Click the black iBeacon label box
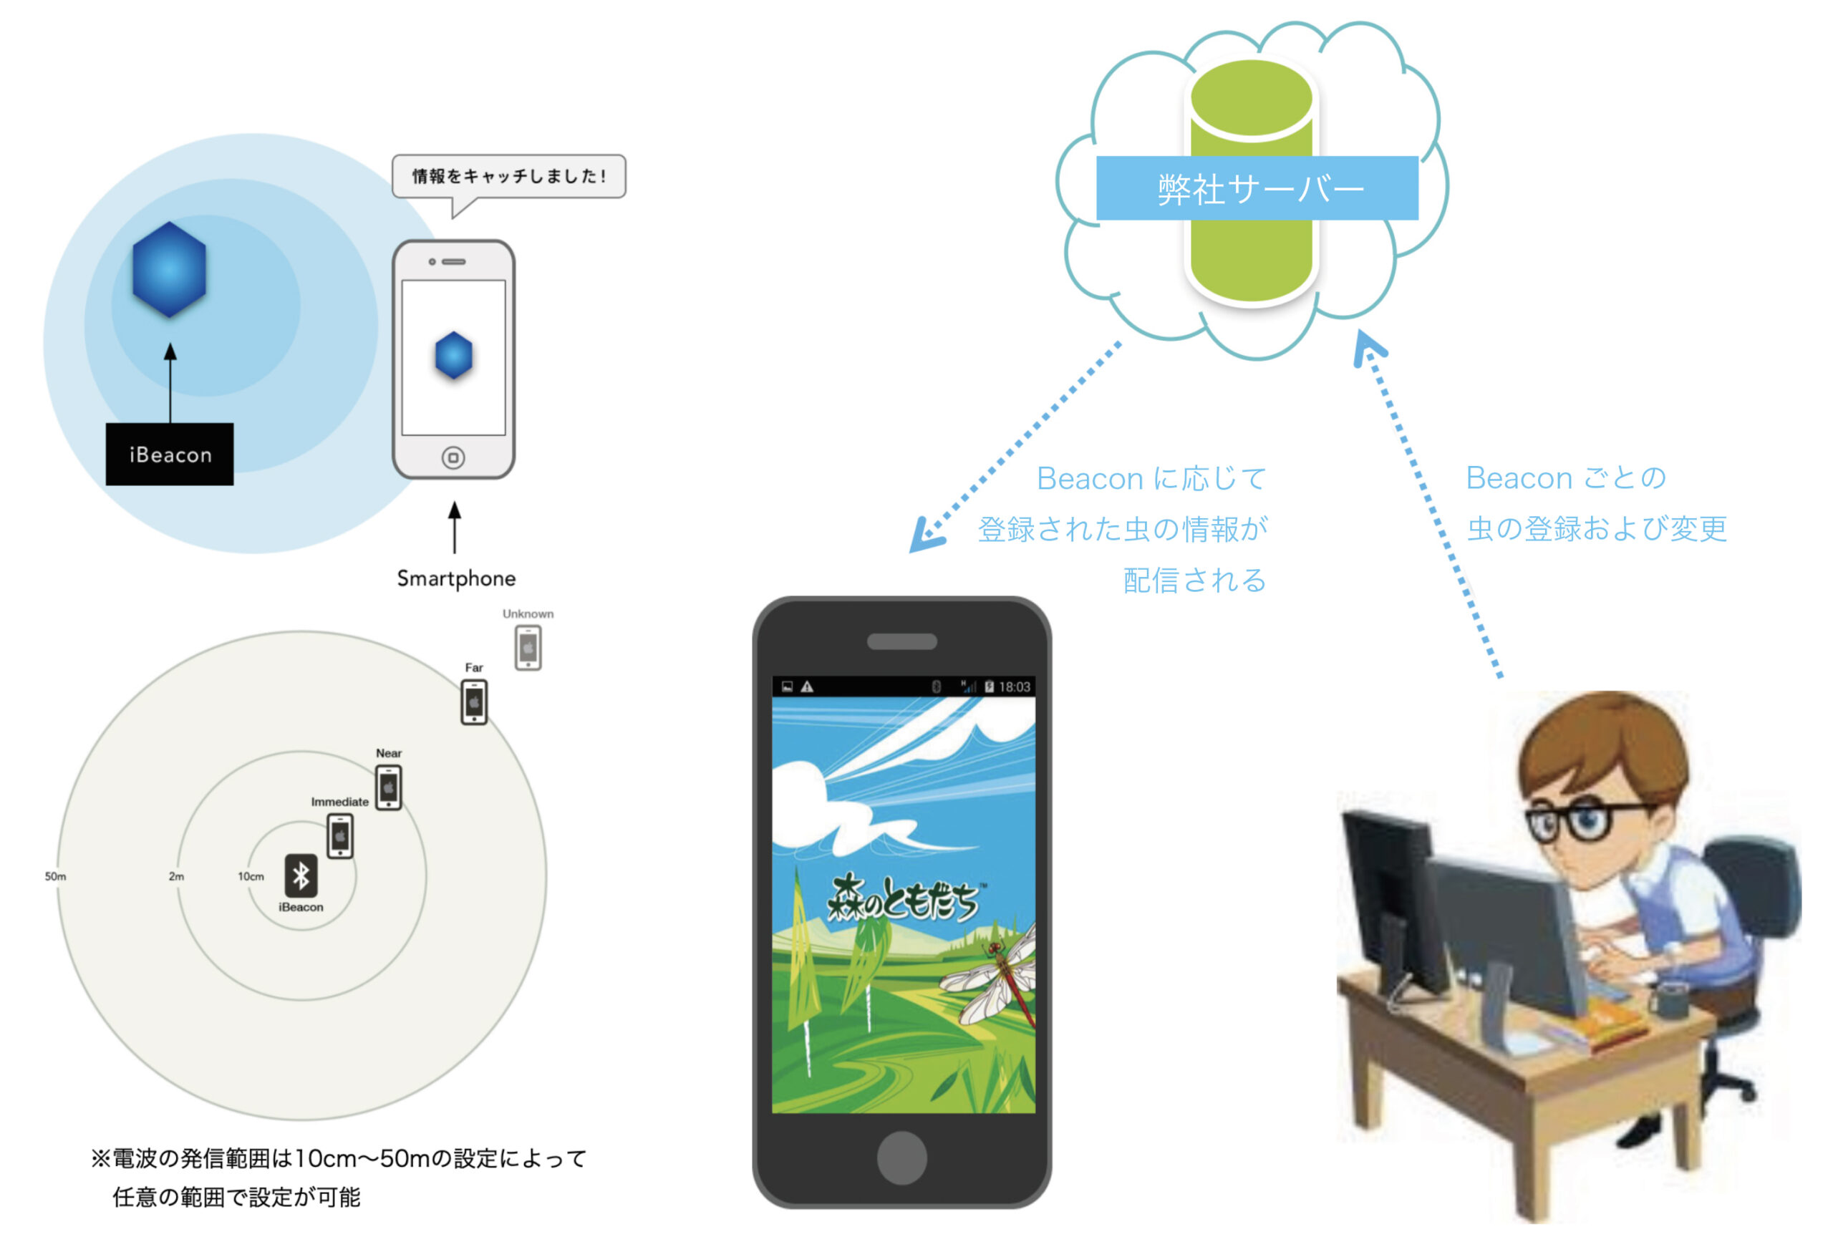click(170, 454)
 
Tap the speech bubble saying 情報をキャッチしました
click(508, 176)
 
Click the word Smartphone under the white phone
click(456, 578)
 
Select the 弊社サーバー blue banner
click(1257, 188)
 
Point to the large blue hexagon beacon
click(170, 270)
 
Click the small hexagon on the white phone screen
click(453, 356)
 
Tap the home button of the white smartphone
click(453, 457)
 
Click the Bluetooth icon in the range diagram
click(301, 875)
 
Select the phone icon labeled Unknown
click(528, 648)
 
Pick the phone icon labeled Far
click(474, 702)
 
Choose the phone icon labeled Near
click(388, 787)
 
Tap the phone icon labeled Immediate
click(340, 835)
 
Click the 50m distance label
click(55, 877)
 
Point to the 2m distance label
click(176, 877)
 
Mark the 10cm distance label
click(251, 877)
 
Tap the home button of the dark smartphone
click(901, 1158)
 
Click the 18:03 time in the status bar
click(1015, 686)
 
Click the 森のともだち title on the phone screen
click(903, 899)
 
